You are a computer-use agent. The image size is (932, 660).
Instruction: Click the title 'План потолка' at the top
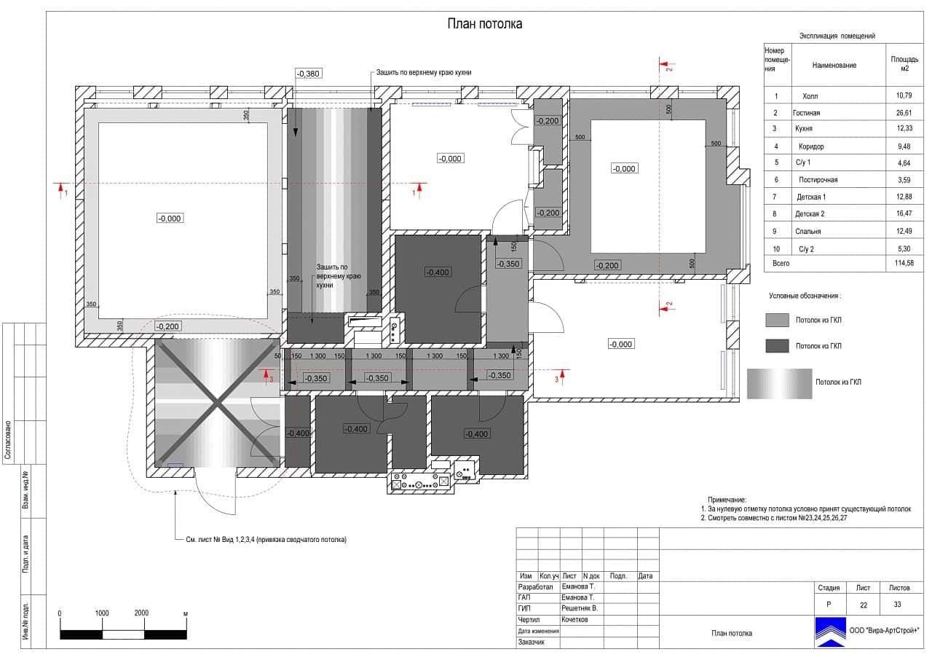[485, 24]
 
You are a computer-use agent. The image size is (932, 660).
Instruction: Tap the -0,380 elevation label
[308, 74]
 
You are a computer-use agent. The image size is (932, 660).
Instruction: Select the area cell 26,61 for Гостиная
[904, 113]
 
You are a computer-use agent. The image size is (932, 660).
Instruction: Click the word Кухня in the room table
[803, 129]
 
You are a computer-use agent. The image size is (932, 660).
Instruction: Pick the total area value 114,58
[904, 263]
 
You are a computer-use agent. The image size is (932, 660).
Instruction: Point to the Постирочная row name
[818, 180]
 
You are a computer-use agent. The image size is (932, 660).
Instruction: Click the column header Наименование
[834, 65]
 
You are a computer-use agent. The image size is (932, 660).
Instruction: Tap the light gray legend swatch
[777, 320]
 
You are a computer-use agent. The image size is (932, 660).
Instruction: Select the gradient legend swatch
[779, 384]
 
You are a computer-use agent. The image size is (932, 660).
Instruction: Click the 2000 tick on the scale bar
[141, 613]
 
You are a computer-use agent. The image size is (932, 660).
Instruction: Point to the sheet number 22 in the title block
[864, 605]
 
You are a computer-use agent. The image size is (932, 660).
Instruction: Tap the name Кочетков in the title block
[574, 619]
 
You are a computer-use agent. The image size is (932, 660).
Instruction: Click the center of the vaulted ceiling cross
[217, 402]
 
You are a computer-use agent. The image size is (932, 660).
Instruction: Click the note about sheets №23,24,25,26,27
[773, 518]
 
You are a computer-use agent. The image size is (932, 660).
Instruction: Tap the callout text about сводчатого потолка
[266, 540]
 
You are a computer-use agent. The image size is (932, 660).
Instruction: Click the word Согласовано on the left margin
[8, 440]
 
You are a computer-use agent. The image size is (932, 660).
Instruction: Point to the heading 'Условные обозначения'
[805, 296]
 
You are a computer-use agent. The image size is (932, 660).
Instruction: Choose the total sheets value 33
[897, 604]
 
